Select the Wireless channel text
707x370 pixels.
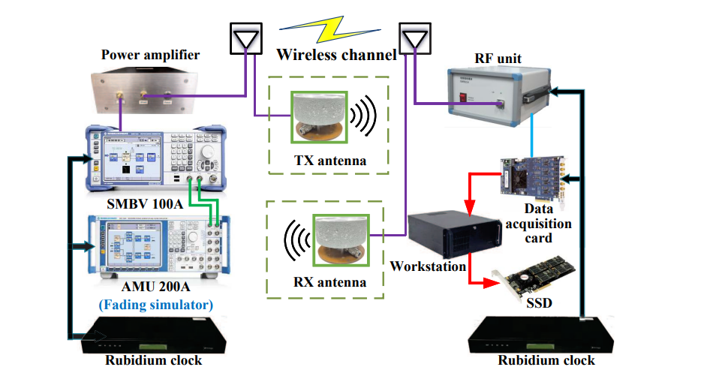click(335, 54)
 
